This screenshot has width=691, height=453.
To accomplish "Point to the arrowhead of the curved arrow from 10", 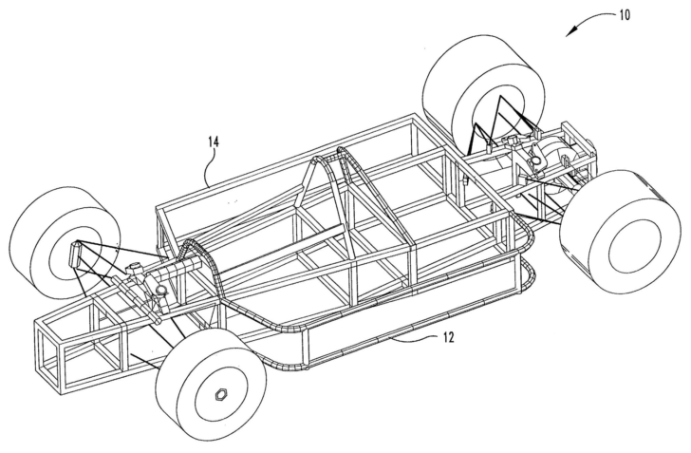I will coord(569,35).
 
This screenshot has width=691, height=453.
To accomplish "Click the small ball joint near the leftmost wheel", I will coord(161,291).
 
